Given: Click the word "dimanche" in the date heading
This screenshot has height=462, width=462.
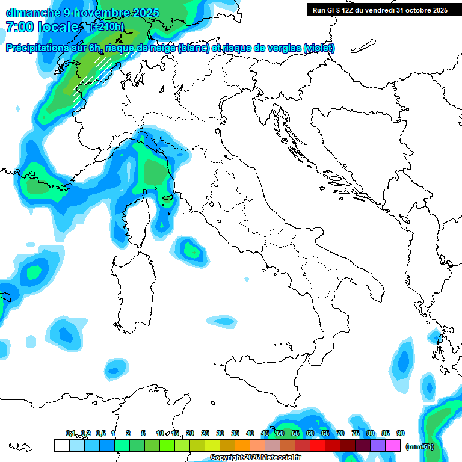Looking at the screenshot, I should tap(28, 13).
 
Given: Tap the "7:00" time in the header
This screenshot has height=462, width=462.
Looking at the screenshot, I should tap(19, 27).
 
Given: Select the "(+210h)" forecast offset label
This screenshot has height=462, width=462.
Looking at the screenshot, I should tap(106, 26).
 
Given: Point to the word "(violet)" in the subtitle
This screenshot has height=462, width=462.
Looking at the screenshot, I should tap(319, 48).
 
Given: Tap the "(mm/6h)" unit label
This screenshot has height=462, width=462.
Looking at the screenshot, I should tap(420, 446).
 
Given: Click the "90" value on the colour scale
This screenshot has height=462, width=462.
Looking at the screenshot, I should tap(401, 433).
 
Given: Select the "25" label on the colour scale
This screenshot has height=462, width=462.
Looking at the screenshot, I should tap(205, 433).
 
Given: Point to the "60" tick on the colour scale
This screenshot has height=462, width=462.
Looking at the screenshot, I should tap(310, 433).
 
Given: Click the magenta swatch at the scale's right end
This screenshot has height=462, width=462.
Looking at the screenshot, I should tap(393, 445).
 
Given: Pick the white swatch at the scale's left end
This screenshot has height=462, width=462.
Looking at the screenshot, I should tap(61, 445).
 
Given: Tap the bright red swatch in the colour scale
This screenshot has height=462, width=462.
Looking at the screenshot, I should tap(318, 445).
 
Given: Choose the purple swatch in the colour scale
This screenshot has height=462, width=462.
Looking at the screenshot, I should tap(378, 445).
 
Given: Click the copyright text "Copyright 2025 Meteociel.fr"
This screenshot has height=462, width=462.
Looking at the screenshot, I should tap(255, 458).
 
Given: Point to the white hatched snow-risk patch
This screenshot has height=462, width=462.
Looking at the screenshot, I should tap(90, 78).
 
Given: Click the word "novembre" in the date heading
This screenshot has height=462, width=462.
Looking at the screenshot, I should tap(96, 13).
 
